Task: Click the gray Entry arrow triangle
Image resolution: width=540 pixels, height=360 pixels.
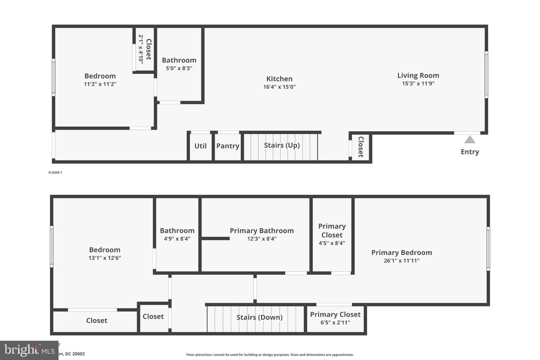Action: (x=470, y=140)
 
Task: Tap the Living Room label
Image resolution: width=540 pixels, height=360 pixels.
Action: (x=418, y=75)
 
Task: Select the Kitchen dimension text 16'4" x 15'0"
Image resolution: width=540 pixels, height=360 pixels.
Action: (x=279, y=87)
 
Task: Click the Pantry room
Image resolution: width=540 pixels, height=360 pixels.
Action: (x=228, y=146)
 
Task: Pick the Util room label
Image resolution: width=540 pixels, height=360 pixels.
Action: (x=200, y=146)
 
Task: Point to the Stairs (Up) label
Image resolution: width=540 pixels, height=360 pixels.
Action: (x=282, y=145)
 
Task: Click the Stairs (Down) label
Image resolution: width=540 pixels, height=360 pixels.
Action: (x=259, y=317)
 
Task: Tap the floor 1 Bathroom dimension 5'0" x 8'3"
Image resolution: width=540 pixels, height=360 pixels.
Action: (x=179, y=68)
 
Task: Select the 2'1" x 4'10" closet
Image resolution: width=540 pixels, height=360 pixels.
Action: (x=144, y=49)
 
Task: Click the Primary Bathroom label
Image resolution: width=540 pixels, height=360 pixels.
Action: (x=261, y=231)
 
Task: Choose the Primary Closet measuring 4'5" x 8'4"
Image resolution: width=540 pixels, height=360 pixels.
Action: (x=332, y=234)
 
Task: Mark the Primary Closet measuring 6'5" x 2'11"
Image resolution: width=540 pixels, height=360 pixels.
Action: (x=335, y=318)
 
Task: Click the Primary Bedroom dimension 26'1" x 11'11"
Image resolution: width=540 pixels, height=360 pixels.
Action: (x=401, y=261)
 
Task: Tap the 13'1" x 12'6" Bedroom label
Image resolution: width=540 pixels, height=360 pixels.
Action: (x=105, y=250)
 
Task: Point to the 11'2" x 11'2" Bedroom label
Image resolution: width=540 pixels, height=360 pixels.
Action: (x=100, y=76)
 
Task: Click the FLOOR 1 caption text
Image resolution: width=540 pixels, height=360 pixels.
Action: (x=55, y=172)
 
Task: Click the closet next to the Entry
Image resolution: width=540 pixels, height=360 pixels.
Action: (x=360, y=147)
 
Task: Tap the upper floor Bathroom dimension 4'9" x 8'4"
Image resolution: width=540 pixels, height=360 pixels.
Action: (x=177, y=238)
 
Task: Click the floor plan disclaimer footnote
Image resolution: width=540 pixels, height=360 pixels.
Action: (x=270, y=355)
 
